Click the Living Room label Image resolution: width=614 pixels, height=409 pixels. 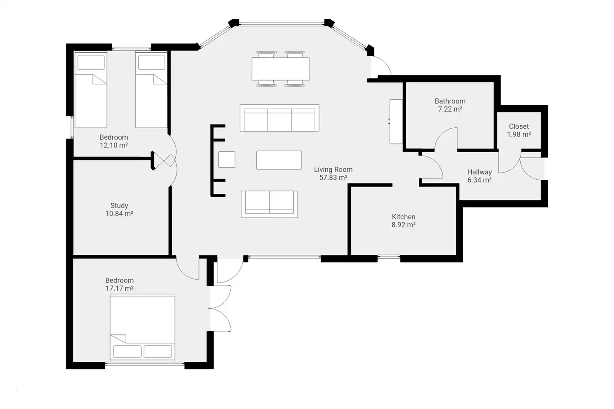pyautogui.click(x=333, y=170)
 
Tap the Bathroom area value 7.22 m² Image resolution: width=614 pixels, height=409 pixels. pyautogui.click(x=450, y=109)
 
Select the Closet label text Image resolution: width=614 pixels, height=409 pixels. pyautogui.click(x=518, y=126)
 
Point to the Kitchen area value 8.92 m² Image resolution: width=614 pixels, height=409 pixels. pyautogui.click(x=403, y=225)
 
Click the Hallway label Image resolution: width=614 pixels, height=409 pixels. pyautogui.click(x=479, y=172)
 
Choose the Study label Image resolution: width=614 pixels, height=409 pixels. pyautogui.click(x=119, y=205)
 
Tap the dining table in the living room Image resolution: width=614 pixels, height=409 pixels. pyautogui.click(x=281, y=69)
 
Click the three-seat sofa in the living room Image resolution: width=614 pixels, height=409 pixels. pyautogui.click(x=279, y=118)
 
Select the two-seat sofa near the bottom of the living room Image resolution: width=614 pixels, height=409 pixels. pyautogui.click(x=269, y=204)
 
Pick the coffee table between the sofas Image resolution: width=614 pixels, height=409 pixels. pyautogui.click(x=279, y=160)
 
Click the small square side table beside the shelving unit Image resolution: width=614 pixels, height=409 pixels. pyautogui.click(x=227, y=159)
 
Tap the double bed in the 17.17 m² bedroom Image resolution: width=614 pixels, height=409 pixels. pyautogui.click(x=142, y=327)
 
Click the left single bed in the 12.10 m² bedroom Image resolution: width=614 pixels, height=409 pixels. pyautogui.click(x=91, y=89)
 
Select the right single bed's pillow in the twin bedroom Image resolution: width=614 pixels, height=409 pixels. pyautogui.click(x=152, y=63)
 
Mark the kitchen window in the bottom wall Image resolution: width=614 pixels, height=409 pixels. pyautogui.click(x=389, y=257)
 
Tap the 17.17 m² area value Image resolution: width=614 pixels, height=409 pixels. pyautogui.click(x=119, y=288)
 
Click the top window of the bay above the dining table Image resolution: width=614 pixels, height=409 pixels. pyautogui.click(x=281, y=24)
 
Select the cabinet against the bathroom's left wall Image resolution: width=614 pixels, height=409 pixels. pyautogui.click(x=396, y=121)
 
